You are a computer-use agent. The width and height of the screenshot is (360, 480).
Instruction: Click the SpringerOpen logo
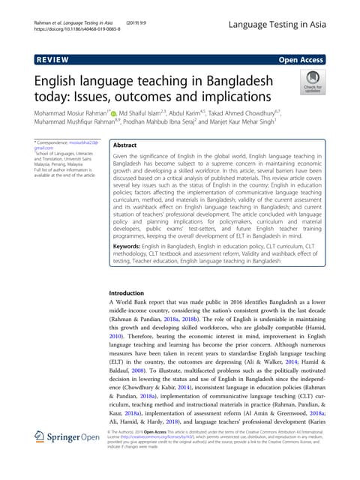[x=70, y=456]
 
